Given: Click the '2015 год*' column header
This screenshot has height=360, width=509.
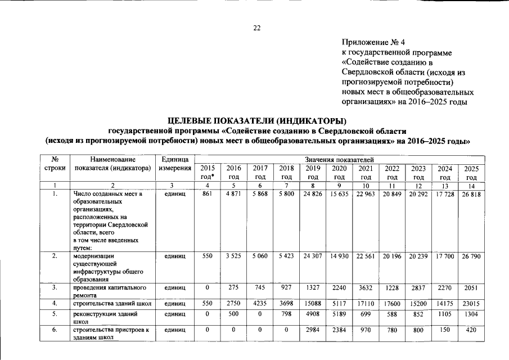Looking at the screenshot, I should pos(208,172).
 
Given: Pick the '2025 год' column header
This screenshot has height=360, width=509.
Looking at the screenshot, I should pos(471,172).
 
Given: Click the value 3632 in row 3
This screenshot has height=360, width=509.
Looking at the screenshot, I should pos(365,287).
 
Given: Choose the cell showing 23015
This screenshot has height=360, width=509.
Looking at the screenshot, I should pos(471,304).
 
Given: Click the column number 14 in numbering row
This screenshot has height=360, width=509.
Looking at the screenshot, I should pos(471,186).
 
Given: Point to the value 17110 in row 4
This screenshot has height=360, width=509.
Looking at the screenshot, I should pos(365,304).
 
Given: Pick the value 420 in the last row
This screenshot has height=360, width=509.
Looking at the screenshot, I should pos(471,331).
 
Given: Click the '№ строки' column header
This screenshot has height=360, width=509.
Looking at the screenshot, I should pos(55,164).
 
